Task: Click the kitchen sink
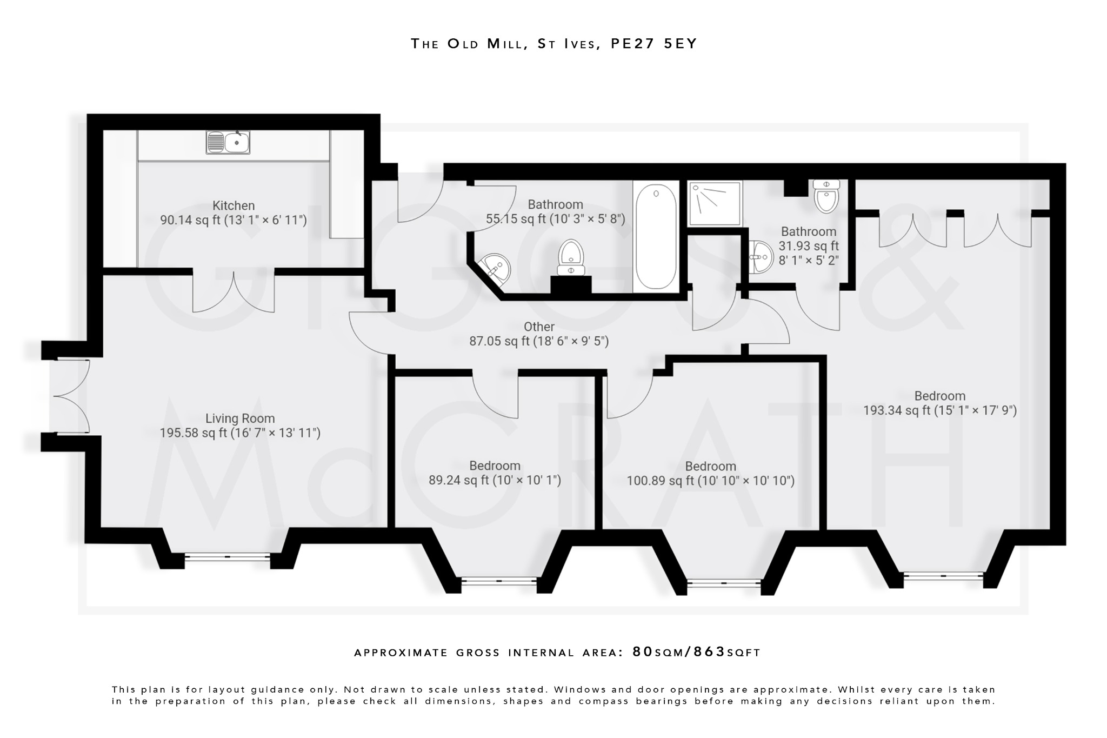click(228, 142)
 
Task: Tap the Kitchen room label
click(234, 205)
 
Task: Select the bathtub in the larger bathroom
click(656, 236)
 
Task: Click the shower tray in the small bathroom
click(715, 203)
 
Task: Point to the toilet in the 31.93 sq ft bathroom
click(826, 197)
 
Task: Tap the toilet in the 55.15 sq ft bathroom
click(571, 258)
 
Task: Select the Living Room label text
click(240, 418)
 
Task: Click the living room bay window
click(227, 556)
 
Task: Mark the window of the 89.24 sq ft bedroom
click(498, 581)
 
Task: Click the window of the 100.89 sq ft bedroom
click(723, 583)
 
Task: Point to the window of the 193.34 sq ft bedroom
click(943, 576)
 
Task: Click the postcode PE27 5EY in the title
click(654, 44)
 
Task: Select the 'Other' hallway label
click(539, 327)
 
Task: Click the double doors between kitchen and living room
click(234, 292)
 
